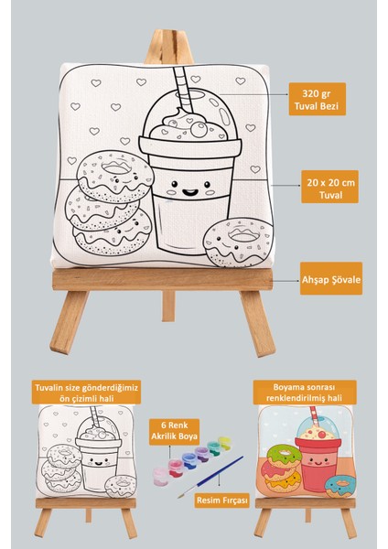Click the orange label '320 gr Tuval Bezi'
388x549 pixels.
317,99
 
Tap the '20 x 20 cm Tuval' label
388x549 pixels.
329,187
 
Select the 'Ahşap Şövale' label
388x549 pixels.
331,280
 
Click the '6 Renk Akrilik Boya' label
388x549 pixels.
174,431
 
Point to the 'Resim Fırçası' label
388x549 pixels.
222,501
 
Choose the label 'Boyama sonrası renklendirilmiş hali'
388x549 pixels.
305,393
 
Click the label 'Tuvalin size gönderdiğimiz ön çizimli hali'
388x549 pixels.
86,393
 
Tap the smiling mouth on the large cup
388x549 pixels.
190,191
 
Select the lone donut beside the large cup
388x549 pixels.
239,242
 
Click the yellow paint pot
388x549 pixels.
225,442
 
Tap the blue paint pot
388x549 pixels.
189,461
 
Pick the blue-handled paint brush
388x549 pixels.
210,477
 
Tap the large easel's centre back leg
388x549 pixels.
168,306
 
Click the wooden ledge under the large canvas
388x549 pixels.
162,279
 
